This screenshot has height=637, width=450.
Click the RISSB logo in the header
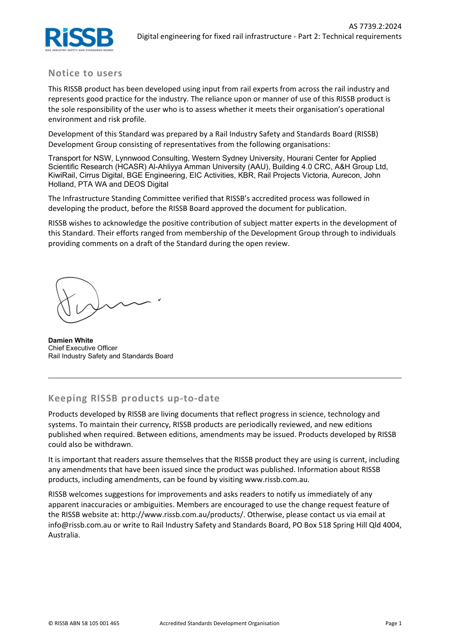(79, 39)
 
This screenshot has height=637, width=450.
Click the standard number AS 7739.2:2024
(375, 27)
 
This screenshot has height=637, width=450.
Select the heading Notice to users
(85, 73)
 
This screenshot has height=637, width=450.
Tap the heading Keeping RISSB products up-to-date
(134, 399)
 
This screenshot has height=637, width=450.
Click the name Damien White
(71, 340)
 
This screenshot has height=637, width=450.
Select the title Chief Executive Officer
(83, 348)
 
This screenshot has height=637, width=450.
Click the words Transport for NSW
(80, 158)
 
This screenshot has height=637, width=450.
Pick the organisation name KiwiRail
(62, 175)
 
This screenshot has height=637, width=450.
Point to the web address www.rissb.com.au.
(277, 480)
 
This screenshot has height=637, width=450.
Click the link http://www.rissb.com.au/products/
(182, 515)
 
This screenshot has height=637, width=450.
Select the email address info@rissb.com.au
(80, 525)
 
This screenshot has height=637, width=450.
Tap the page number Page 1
(393, 623)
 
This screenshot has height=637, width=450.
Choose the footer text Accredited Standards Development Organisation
(219, 623)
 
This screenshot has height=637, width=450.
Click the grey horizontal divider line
(225, 378)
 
